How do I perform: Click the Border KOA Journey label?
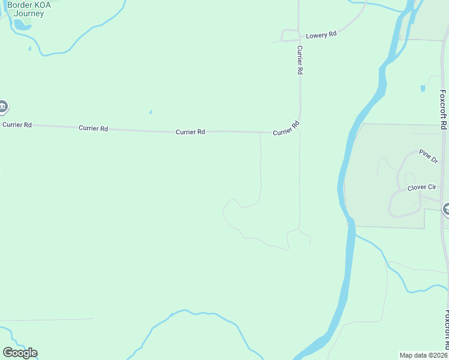[x=29, y=9]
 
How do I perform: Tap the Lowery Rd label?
[x=321, y=35]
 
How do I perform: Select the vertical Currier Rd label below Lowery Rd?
[x=300, y=60]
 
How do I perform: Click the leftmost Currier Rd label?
[x=17, y=125]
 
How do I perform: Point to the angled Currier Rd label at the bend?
[x=286, y=128]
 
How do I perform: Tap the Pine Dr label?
[x=429, y=155]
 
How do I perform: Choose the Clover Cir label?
[x=421, y=188]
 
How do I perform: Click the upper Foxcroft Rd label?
[x=443, y=110]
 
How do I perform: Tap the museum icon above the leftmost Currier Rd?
[x=3, y=107]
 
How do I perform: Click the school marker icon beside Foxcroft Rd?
[x=447, y=209]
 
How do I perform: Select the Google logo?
[x=20, y=353]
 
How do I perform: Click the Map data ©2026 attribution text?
[x=423, y=355]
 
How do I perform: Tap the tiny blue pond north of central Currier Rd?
[x=150, y=112]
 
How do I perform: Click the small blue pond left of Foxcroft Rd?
[x=423, y=88]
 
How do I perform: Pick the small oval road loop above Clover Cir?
[x=410, y=178]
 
